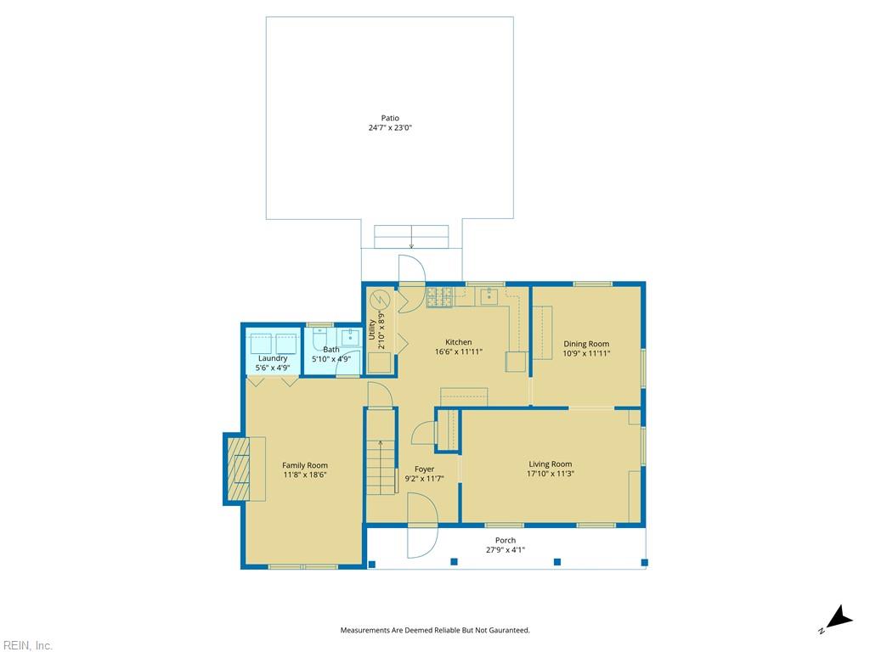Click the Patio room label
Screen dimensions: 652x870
click(390, 118)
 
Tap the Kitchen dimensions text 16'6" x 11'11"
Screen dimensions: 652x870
click(459, 351)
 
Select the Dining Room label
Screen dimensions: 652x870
click(586, 344)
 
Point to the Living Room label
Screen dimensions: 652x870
click(551, 464)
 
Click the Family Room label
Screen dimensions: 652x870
click(305, 465)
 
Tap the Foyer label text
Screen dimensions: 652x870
click(424, 469)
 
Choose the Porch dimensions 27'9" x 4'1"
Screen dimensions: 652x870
click(506, 549)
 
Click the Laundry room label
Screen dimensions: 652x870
click(272, 358)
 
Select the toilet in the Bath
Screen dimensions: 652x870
click(319, 340)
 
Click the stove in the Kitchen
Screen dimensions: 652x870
click(439, 296)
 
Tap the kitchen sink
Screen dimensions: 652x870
click(489, 296)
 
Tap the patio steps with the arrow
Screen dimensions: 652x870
click(411, 236)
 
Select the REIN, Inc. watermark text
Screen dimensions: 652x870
click(26, 645)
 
